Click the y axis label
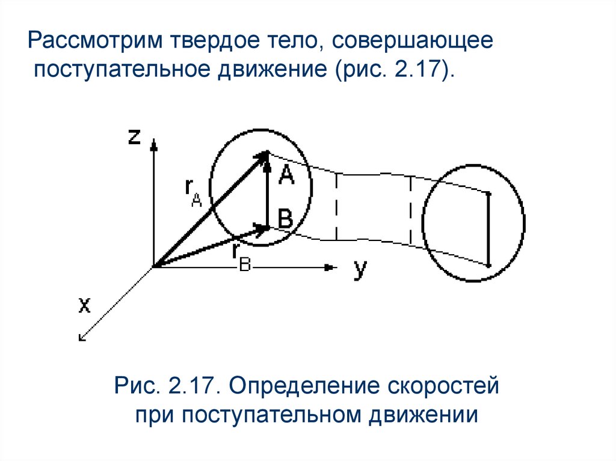pyautogui.click(x=360, y=270)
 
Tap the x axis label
pyautogui.click(x=84, y=307)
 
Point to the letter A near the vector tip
pyautogui.click(x=286, y=176)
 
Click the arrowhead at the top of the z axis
pyautogui.click(x=154, y=144)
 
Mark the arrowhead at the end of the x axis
pyautogui.click(x=83, y=337)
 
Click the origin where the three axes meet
pyautogui.click(x=154, y=267)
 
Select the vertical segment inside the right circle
pyautogui.click(x=488, y=230)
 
